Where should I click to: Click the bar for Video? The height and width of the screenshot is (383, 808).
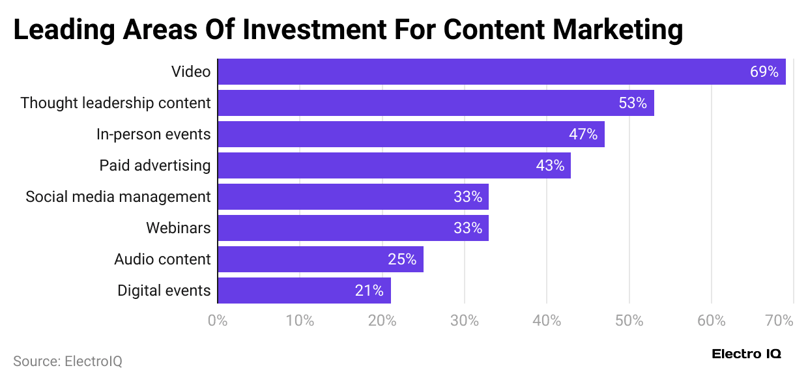point(501,72)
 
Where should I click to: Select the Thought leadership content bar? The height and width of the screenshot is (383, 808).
point(435,103)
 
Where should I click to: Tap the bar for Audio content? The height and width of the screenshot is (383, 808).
point(320,259)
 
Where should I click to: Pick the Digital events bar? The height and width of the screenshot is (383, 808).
point(304,291)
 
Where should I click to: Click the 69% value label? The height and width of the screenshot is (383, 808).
point(764,72)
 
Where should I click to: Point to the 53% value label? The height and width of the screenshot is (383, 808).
point(632,103)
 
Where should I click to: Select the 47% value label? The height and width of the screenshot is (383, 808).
point(583,134)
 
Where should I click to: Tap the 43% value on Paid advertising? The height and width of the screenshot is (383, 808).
point(549,165)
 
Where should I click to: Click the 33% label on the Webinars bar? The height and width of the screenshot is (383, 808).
point(467,228)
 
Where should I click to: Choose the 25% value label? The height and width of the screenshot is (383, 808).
point(401,259)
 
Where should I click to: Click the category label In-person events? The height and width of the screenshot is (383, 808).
point(153,134)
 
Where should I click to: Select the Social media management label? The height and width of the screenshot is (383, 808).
point(118,197)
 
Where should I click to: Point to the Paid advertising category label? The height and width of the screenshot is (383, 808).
point(154,165)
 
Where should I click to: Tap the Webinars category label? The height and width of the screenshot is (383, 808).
point(178,228)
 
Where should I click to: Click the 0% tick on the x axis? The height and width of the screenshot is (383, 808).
point(217,320)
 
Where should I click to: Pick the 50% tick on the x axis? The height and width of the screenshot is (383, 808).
point(629,320)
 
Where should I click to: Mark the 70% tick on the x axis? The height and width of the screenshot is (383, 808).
point(779,320)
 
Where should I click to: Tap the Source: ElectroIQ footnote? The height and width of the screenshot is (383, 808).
point(68,361)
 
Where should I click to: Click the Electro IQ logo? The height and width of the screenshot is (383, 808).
point(746,354)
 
